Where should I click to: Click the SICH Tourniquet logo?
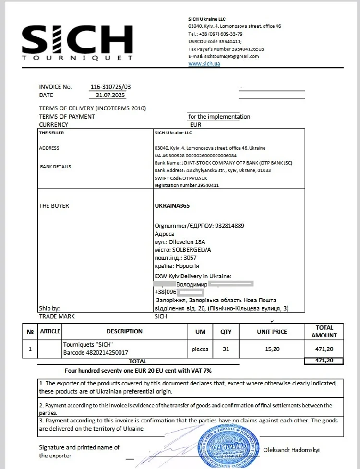77,43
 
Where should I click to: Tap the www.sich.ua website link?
204,63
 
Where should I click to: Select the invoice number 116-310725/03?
110,87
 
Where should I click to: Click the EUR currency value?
196,124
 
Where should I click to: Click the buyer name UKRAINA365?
172,206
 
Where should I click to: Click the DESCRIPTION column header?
124,331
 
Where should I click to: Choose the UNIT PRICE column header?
272,332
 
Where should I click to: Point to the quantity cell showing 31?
226,349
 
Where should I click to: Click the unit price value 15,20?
272,349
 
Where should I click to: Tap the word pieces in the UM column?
200,349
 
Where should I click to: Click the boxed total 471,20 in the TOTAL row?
324,361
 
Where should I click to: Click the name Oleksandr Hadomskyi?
291,450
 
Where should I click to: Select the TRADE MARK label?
57,317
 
